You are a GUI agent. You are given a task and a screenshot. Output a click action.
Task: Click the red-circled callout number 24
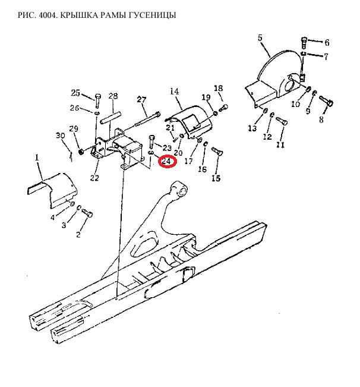[167, 162]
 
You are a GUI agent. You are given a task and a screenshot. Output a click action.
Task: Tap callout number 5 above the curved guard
[260, 38]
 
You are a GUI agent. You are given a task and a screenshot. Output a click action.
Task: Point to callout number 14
[174, 92]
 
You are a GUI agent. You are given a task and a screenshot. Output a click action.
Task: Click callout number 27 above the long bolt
[141, 99]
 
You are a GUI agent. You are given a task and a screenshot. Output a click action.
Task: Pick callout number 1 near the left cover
[37, 157]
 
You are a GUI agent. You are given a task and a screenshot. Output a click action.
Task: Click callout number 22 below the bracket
[94, 178]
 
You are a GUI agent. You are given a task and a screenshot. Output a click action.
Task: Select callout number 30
[61, 136]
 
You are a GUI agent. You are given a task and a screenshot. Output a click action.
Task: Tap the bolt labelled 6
[304, 42]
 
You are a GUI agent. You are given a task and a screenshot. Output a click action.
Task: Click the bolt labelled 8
[327, 101]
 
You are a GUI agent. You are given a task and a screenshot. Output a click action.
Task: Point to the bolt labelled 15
[217, 151]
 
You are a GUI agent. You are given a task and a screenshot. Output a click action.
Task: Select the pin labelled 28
[110, 118]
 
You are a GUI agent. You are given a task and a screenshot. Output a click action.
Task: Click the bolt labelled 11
[282, 121]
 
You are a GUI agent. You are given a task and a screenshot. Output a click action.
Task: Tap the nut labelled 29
[80, 151]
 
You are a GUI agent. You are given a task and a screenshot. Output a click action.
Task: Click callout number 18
[219, 89]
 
